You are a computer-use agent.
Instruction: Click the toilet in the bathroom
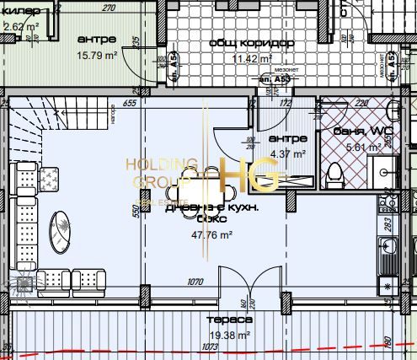pyautogui.click(x=336, y=175)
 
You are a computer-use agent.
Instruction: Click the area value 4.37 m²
pyautogui.click(x=286, y=153)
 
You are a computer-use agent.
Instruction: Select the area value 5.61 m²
pyautogui.click(x=341, y=146)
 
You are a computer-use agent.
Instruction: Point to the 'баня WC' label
pyautogui.click(x=344, y=131)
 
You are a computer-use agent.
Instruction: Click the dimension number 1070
pyautogui.click(x=197, y=282)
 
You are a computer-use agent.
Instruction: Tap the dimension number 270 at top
pyautogui.click(x=108, y=8)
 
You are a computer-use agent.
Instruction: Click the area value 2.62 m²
pyautogui.click(x=20, y=26)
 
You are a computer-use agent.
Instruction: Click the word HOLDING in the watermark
pyautogui.click(x=161, y=164)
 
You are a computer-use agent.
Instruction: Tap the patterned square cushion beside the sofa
pyautogui.click(x=49, y=178)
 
